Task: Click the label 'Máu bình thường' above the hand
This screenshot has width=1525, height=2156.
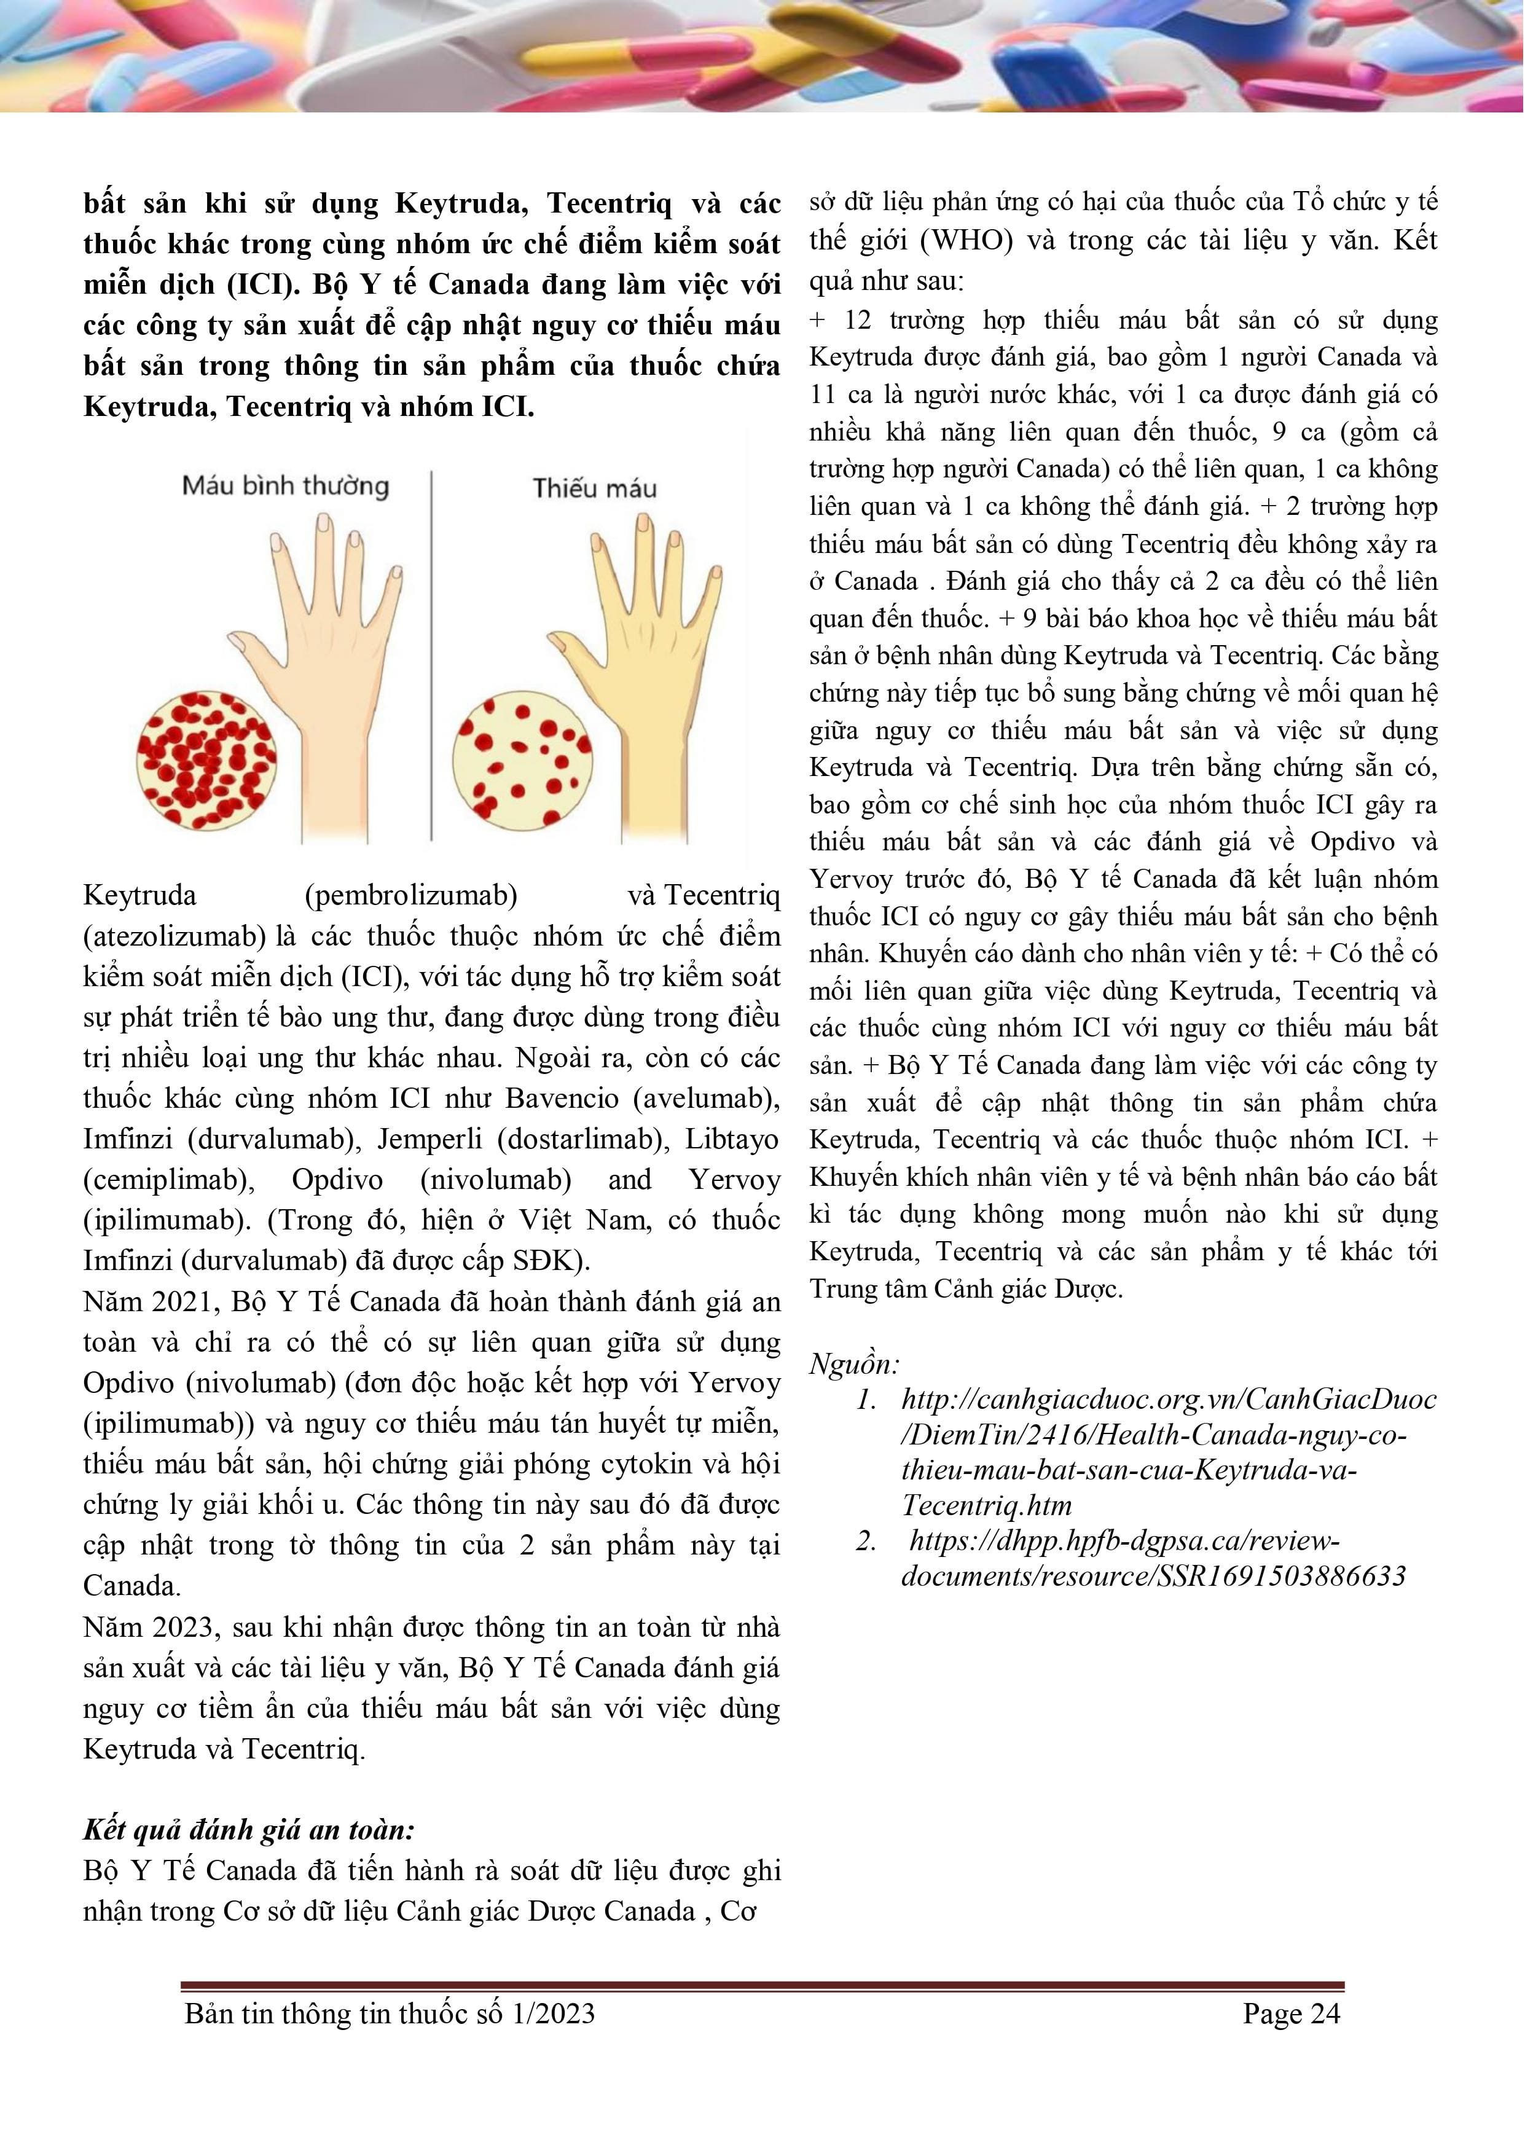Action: click(x=286, y=487)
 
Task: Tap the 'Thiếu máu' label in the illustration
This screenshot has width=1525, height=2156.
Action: click(x=594, y=488)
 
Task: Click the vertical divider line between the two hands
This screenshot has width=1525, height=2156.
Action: click(x=432, y=657)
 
